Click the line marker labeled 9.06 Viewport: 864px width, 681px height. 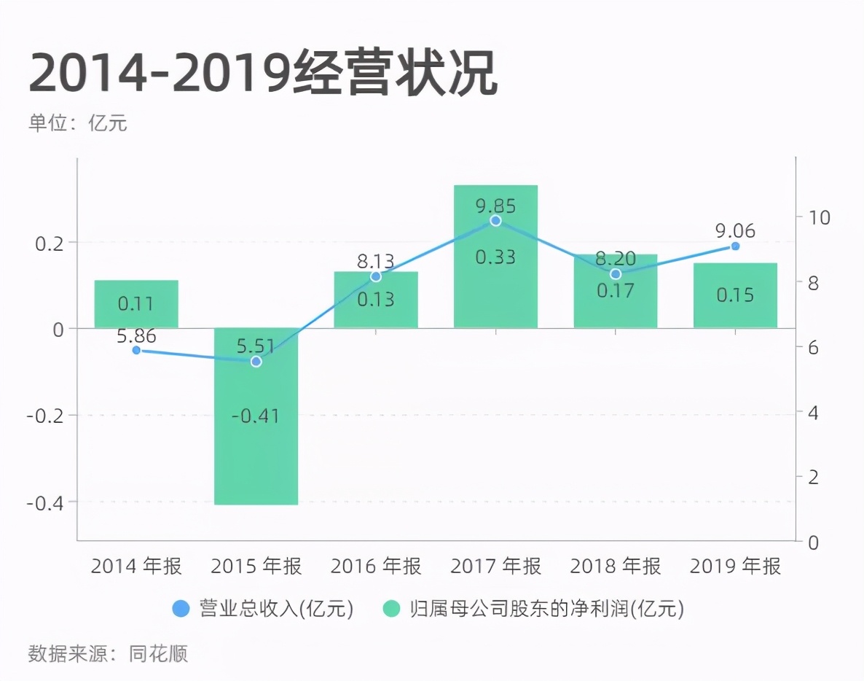735,246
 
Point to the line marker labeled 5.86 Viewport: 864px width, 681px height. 136,350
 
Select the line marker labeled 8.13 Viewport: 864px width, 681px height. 375,276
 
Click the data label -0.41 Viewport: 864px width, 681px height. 256,417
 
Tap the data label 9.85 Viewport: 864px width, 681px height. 495,206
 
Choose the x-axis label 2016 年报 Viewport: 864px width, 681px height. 375,567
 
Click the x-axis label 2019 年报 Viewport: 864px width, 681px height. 735,567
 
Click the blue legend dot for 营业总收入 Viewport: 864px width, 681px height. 180,609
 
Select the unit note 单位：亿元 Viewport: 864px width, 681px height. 78,123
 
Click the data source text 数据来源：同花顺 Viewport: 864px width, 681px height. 108,653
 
